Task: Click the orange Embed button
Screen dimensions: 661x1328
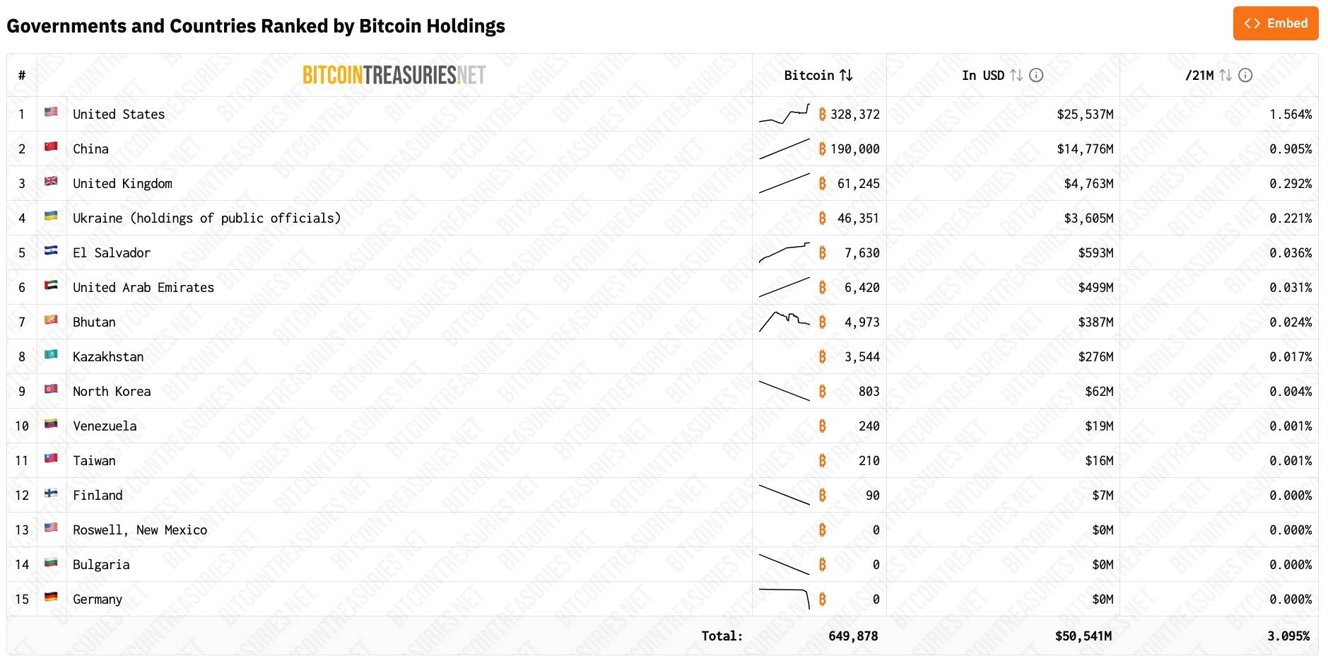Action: pyautogui.click(x=1275, y=23)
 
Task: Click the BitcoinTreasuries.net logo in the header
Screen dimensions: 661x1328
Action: pyautogui.click(x=394, y=75)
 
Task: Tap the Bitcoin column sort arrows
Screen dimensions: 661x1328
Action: pyautogui.click(x=846, y=75)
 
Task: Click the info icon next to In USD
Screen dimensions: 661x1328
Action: pyautogui.click(x=1036, y=75)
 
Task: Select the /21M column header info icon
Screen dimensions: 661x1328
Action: pyautogui.click(x=1245, y=75)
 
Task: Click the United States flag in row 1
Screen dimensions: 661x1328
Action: pyautogui.click(x=51, y=112)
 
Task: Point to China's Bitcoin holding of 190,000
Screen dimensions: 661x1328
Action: pyautogui.click(x=854, y=149)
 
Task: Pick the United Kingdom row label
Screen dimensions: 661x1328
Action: pyautogui.click(x=122, y=184)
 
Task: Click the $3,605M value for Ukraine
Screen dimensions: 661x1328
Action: pyautogui.click(x=1088, y=218)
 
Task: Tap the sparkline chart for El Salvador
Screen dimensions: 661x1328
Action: pyautogui.click(x=784, y=252)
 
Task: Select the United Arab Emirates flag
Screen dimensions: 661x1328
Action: pyautogui.click(x=51, y=285)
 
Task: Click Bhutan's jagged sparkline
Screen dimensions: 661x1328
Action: pyautogui.click(x=784, y=321)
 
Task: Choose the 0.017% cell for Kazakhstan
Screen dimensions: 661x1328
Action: pyautogui.click(x=1290, y=357)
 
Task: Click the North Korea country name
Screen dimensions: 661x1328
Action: pyautogui.click(x=112, y=392)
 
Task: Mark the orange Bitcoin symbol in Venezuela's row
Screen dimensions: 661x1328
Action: pyautogui.click(x=822, y=426)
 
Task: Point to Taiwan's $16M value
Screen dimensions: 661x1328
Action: pyautogui.click(x=1099, y=461)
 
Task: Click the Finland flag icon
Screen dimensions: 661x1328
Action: pyautogui.click(x=51, y=493)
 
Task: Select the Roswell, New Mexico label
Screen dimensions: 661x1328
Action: pyautogui.click(x=140, y=530)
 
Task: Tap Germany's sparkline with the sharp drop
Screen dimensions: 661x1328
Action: pyautogui.click(x=784, y=597)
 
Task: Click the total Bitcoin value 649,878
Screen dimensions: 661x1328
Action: pyautogui.click(x=853, y=636)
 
